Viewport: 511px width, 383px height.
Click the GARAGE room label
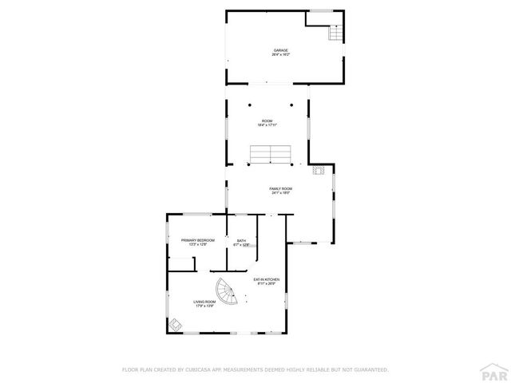[x=280, y=50]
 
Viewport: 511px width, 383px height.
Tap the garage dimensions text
[x=280, y=55]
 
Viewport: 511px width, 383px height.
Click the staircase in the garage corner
[x=335, y=34]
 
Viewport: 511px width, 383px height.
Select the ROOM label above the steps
[x=267, y=120]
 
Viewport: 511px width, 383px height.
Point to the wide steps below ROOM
[x=270, y=154]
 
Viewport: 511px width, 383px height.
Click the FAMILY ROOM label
[x=280, y=188]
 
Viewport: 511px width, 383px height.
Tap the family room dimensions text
[x=280, y=193]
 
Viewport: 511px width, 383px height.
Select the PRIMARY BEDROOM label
[x=197, y=240]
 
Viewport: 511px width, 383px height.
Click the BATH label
[x=241, y=240]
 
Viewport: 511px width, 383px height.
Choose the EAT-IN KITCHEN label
[x=265, y=279]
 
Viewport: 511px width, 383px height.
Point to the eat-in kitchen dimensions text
[x=265, y=284]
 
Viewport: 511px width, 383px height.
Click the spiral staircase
[x=225, y=293]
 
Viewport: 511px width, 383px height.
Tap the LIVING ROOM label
[x=204, y=302]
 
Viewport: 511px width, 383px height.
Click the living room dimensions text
[x=204, y=306]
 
